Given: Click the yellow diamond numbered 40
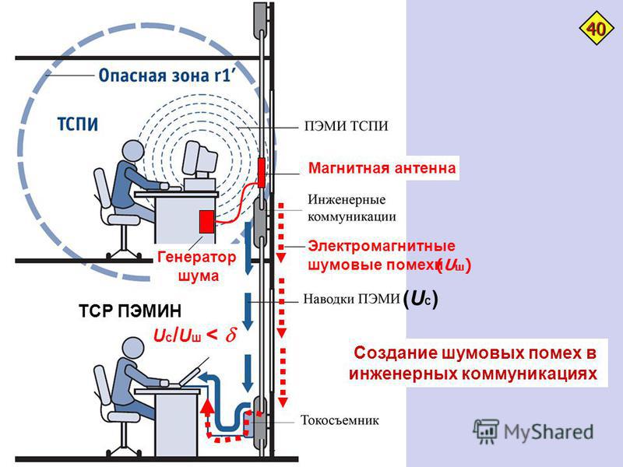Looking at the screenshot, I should coord(596,30).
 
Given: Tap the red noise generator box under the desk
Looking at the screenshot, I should coord(206,222).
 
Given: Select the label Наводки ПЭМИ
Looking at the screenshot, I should coord(350,298).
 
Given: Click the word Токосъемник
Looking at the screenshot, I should coord(340,420).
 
